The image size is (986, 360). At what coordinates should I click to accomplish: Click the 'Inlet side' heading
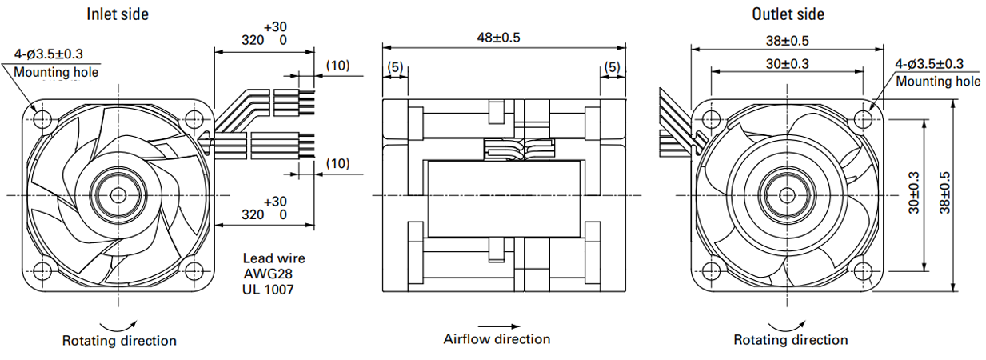click(118, 14)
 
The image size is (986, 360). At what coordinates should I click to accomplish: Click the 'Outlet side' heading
click(788, 14)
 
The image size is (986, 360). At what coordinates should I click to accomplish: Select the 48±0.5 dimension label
click(498, 38)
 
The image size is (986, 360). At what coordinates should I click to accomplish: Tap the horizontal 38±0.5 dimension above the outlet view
click(787, 41)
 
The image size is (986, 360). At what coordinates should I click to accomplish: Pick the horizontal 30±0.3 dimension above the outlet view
click(787, 64)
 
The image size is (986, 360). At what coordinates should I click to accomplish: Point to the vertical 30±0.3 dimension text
click(914, 193)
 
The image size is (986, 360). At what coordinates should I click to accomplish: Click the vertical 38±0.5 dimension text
click(945, 193)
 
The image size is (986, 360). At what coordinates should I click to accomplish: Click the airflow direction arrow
click(499, 326)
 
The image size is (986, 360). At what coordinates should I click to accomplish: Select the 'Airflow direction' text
click(497, 339)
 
